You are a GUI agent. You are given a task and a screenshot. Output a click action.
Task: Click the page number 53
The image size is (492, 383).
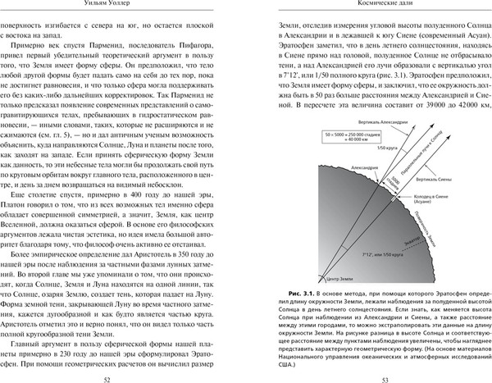(x=373, y=368)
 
